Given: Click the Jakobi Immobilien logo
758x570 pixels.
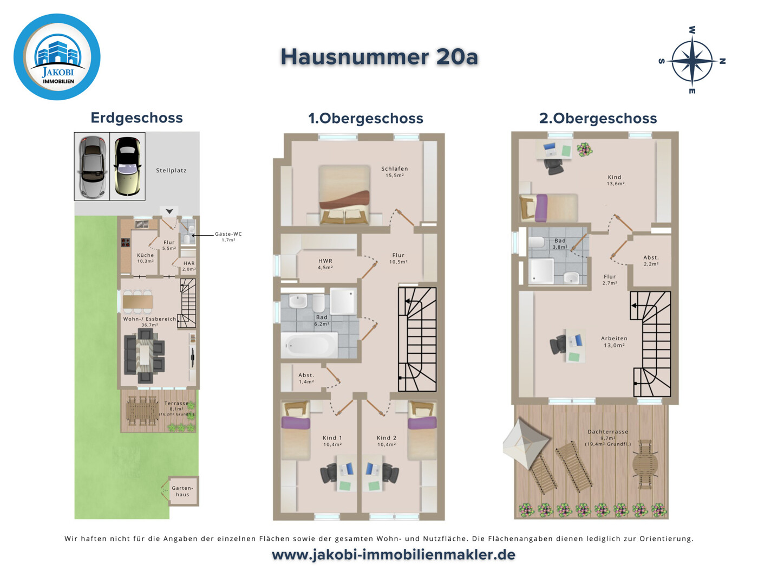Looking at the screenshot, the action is point(57,57).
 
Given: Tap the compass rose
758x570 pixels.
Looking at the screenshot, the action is point(692,61).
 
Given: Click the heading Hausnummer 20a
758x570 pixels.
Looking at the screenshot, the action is point(379,57).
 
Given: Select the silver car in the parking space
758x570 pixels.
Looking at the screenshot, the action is point(92,166).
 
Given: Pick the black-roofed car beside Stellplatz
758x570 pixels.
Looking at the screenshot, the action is point(127,166).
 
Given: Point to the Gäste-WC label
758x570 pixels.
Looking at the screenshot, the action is point(228,237).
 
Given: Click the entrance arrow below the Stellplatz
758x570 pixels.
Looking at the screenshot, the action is point(169,211).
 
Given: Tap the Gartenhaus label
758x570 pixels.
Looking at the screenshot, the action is point(182,491).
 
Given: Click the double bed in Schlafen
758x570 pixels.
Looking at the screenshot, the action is point(344,195).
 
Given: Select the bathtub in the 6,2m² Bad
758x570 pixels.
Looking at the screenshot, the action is point(309,345).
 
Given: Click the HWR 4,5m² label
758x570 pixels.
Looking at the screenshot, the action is point(325,264).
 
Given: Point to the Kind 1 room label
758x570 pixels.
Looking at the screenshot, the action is point(332,441).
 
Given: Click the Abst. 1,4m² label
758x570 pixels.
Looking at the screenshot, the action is point(306,378).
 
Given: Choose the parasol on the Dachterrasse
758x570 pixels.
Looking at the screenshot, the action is point(526,442).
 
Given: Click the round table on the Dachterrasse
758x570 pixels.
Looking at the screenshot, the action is point(645,464).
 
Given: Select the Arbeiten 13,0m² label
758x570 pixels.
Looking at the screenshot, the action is point(614,342).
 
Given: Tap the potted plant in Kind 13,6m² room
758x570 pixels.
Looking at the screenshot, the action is point(584,150).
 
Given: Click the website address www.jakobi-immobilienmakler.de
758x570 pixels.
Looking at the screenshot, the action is point(394,555).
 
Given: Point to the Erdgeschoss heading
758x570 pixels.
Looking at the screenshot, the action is point(137,118).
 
